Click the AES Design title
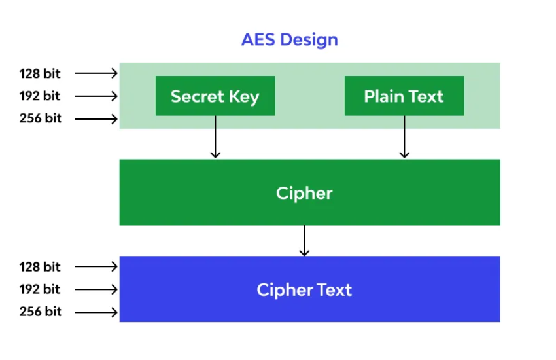pyautogui.click(x=289, y=39)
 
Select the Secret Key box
pyautogui.click(x=215, y=96)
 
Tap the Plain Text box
pyautogui.click(x=404, y=96)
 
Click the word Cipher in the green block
pyautogui.click(x=304, y=193)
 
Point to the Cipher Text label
pyautogui.click(x=304, y=289)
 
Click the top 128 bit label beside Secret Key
pyautogui.click(x=40, y=73)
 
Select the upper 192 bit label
pyautogui.click(x=40, y=96)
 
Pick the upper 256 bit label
pyautogui.click(x=41, y=118)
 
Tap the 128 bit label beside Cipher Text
pyautogui.click(x=40, y=266)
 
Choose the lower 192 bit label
pyautogui.click(x=40, y=289)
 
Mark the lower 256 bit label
pyautogui.click(x=41, y=312)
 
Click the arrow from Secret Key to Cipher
pyautogui.click(x=215, y=137)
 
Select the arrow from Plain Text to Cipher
pyautogui.click(x=404, y=137)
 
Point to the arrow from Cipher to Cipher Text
pyautogui.click(x=304, y=240)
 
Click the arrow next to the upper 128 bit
pyautogui.click(x=96, y=73)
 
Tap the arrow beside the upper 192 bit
pyautogui.click(x=96, y=96)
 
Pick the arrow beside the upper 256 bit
pyautogui.click(x=96, y=119)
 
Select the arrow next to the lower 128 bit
pyautogui.click(x=96, y=266)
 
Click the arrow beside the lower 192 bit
pyautogui.click(x=96, y=289)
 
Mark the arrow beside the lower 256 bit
pyautogui.click(x=96, y=312)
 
